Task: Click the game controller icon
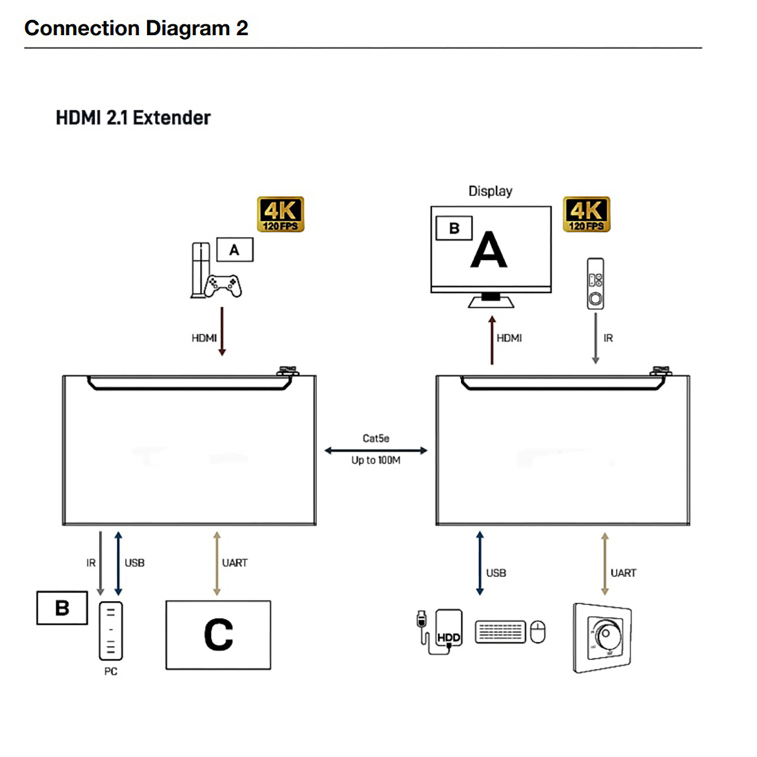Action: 223,286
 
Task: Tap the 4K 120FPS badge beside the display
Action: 586,214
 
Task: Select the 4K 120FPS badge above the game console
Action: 280,214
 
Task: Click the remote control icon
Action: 596,284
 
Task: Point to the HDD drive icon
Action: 449,630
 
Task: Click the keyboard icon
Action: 500,632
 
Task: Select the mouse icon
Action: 538,632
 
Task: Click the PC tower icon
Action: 111,630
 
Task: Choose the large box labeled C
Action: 218,635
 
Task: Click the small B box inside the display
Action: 454,228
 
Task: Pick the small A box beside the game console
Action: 235,250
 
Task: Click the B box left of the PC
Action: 62,608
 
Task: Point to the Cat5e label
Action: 376,438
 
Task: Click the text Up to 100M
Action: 376,460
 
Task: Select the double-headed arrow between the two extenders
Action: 376,451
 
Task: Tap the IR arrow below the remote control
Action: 596,338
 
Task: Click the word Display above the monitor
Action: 490,191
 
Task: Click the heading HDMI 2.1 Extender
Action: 133,118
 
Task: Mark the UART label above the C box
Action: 235,563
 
